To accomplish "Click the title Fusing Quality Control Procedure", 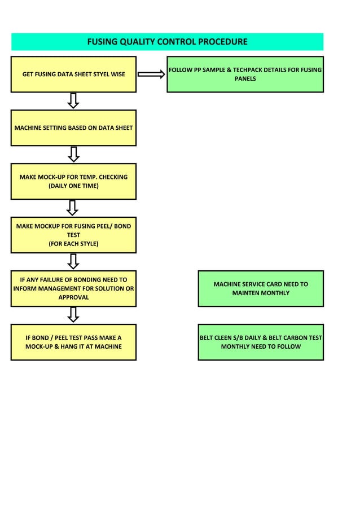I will point(167,42).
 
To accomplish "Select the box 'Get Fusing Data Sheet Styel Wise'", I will point(73,74).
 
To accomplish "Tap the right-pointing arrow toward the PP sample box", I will point(151,74).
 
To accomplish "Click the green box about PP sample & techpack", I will point(245,74).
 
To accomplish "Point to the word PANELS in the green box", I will point(245,79).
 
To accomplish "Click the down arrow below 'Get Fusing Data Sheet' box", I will point(73,100).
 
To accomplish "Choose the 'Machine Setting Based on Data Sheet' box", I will point(73,128).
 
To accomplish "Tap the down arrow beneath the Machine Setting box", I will point(73,153).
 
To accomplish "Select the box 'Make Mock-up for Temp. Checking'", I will point(73,181).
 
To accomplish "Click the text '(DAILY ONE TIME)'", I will point(73,186).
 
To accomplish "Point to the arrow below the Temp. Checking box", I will point(72,207).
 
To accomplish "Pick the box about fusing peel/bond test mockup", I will point(73,235).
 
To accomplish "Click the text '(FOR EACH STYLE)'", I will point(73,244).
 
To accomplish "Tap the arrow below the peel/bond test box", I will point(73,261).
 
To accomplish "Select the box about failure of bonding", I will point(73,288).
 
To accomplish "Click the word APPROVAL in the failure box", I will point(73,297).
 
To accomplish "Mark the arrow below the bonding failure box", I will point(73,315).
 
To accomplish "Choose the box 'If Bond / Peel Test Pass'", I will point(73,342).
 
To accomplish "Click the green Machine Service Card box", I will point(261,288).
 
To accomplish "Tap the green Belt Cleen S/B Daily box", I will point(261,342).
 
